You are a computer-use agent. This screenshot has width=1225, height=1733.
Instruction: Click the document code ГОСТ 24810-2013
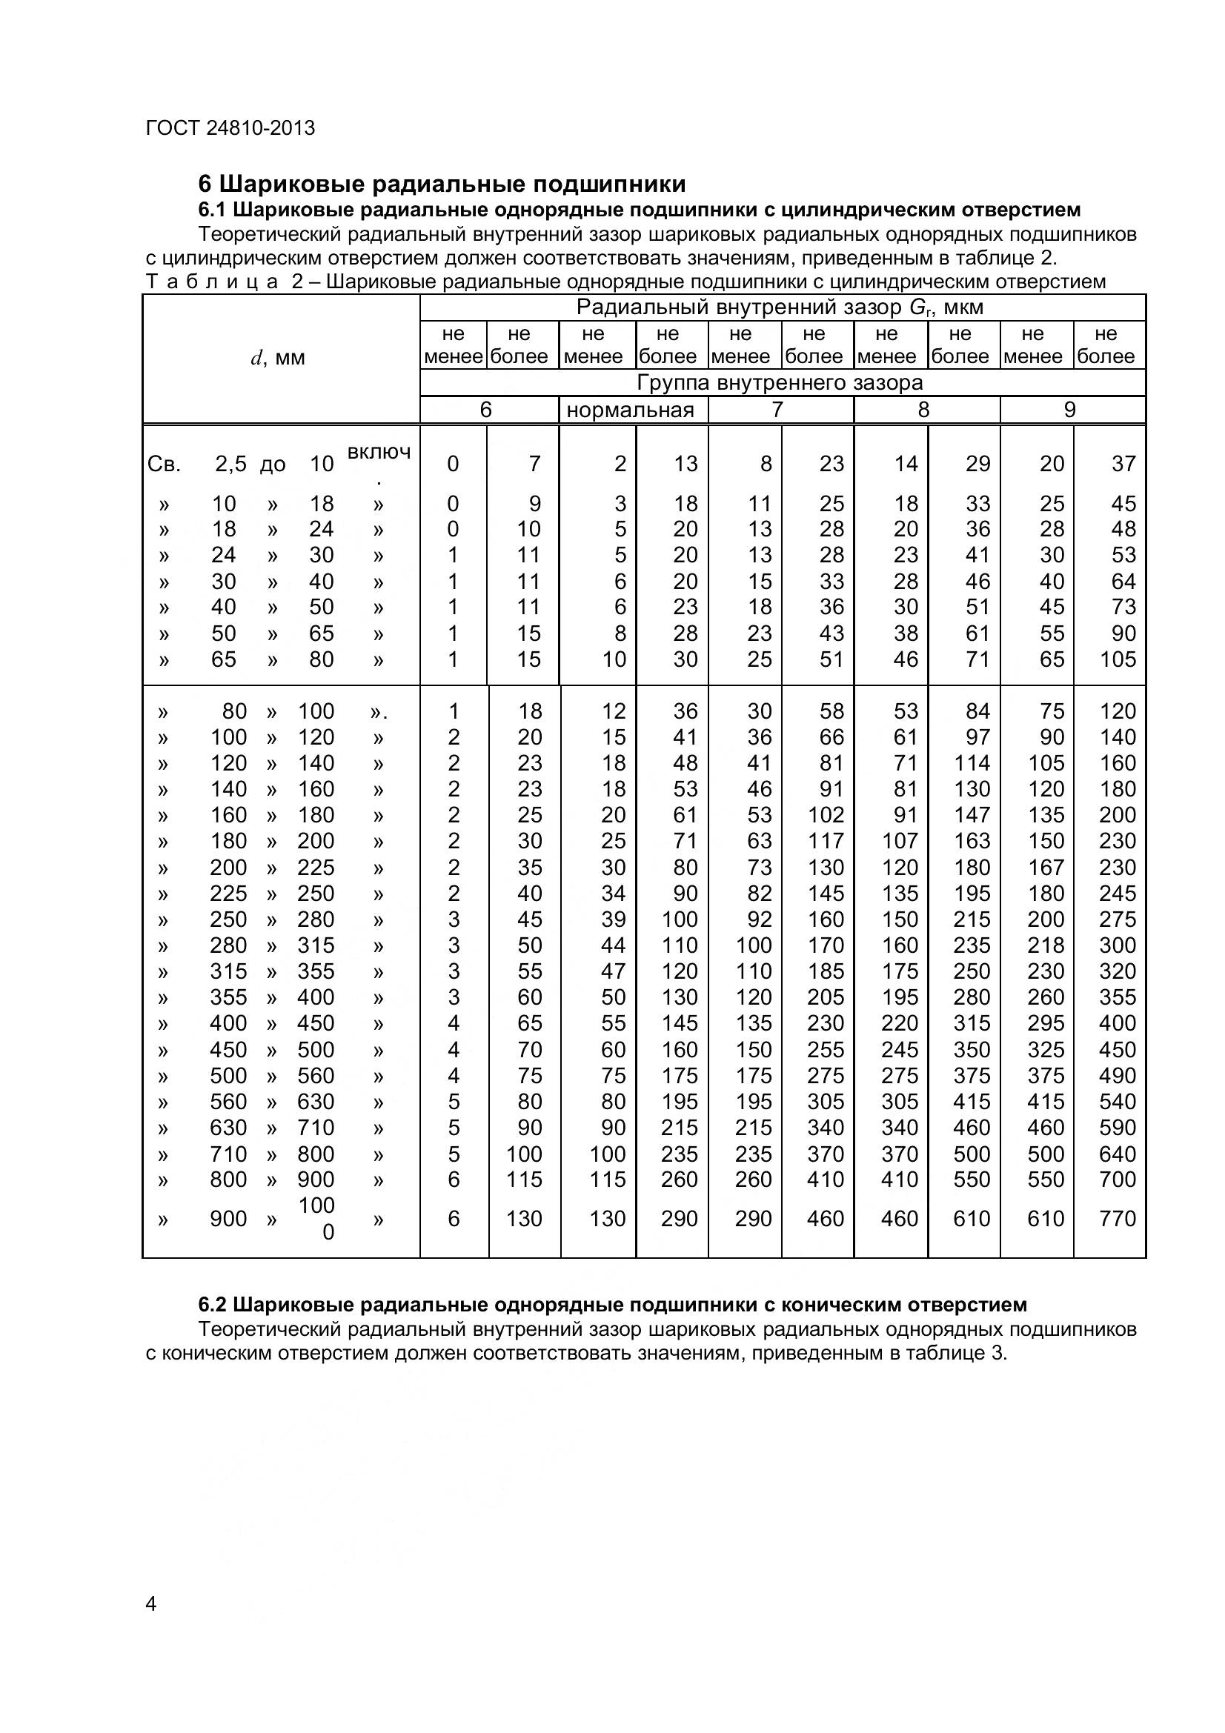point(230,128)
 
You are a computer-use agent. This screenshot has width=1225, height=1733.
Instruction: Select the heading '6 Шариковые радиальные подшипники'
point(442,184)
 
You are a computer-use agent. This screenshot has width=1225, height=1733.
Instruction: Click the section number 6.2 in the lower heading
point(213,1304)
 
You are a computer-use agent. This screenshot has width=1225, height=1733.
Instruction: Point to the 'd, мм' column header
point(278,358)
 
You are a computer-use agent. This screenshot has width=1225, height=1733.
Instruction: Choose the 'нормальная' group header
point(630,410)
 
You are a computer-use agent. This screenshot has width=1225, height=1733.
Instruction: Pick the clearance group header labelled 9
point(1069,410)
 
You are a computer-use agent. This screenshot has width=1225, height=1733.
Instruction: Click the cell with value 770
point(1117,1218)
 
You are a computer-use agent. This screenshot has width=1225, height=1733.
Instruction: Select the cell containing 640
point(1117,1154)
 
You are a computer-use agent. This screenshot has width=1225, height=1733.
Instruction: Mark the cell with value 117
point(826,841)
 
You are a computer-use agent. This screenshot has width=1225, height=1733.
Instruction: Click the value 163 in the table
point(972,841)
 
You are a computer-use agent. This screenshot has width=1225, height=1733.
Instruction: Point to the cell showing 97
point(977,737)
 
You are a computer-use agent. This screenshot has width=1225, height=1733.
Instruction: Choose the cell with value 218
point(1046,945)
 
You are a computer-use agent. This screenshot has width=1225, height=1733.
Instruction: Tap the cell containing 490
point(1117,1076)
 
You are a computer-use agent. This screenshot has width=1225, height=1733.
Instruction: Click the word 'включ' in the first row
point(379,452)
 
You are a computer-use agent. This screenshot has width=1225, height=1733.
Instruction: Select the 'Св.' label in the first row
point(164,465)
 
